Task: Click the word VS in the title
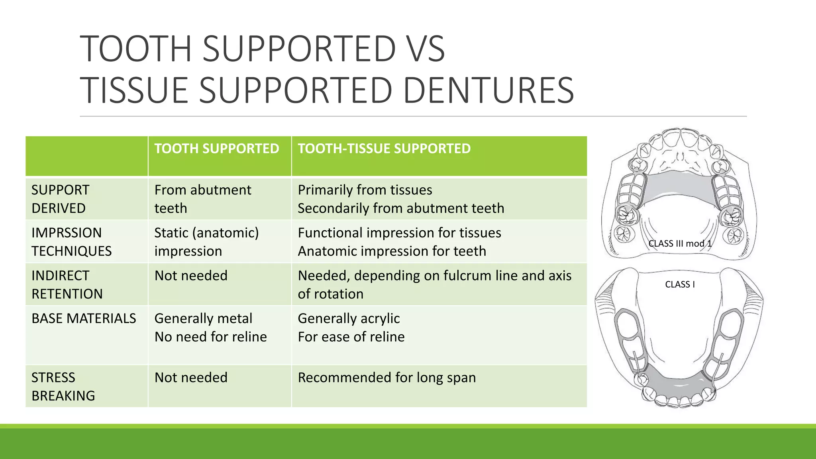[423, 49]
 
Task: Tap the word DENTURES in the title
[488, 90]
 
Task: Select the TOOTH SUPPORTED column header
[217, 149]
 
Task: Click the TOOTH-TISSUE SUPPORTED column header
[384, 149]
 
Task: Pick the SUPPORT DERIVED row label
[60, 199]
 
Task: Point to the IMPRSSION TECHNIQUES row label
[71, 242]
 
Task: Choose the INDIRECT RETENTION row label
[67, 284]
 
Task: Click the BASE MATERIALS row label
[84, 318]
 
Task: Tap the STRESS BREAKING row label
[63, 386]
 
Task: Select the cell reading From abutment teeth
[202, 199]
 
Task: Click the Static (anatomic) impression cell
[206, 242]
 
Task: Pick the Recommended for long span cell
[386, 377]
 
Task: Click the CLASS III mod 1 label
[679, 243]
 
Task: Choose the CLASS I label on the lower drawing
[680, 284]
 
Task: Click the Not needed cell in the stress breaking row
[191, 377]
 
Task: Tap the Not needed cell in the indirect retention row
[191, 276]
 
